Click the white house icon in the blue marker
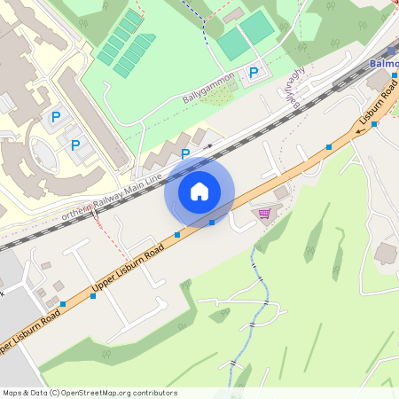[199, 191]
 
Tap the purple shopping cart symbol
[263, 213]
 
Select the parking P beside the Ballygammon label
[254, 73]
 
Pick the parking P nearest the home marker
[185, 154]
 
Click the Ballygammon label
[210, 85]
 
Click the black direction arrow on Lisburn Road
[360, 130]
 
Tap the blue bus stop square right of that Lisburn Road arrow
[374, 124]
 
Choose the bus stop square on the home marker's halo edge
[212, 222]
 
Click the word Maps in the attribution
[13, 392]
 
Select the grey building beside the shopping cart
[281, 192]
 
